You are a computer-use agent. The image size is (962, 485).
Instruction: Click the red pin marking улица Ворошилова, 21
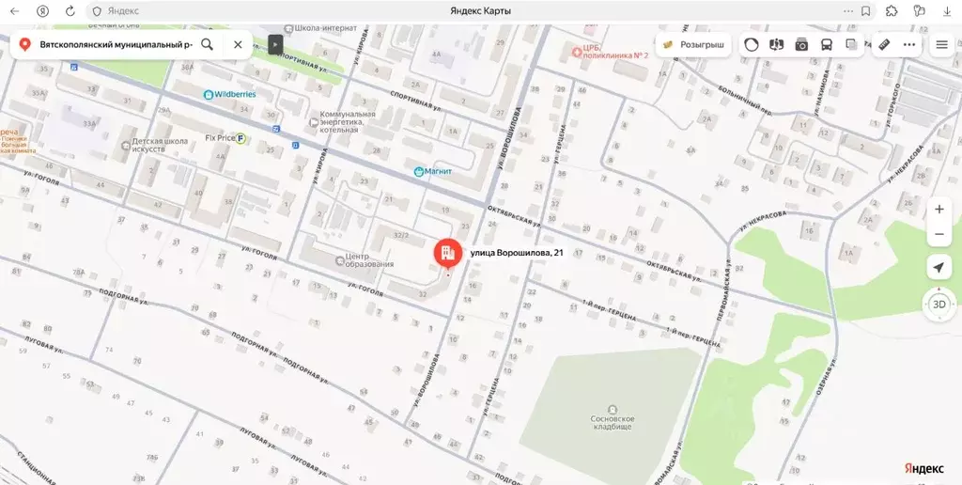click(446, 252)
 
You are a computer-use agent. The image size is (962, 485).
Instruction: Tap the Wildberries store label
click(230, 95)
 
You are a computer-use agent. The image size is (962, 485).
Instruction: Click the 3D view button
click(939, 304)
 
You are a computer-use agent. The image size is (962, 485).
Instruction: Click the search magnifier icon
click(207, 44)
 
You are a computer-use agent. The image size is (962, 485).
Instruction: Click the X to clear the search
click(238, 44)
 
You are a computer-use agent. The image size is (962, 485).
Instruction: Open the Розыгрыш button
click(693, 44)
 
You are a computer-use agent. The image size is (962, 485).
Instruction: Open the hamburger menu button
click(941, 44)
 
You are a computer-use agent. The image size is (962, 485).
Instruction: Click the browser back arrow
click(14, 10)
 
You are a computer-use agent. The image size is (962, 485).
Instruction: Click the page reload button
click(70, 10)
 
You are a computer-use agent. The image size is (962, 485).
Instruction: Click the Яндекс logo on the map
click(924, 468)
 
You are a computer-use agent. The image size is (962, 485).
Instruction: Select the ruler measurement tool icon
click(884, 44)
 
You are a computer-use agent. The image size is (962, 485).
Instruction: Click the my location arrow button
click(939, 268)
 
